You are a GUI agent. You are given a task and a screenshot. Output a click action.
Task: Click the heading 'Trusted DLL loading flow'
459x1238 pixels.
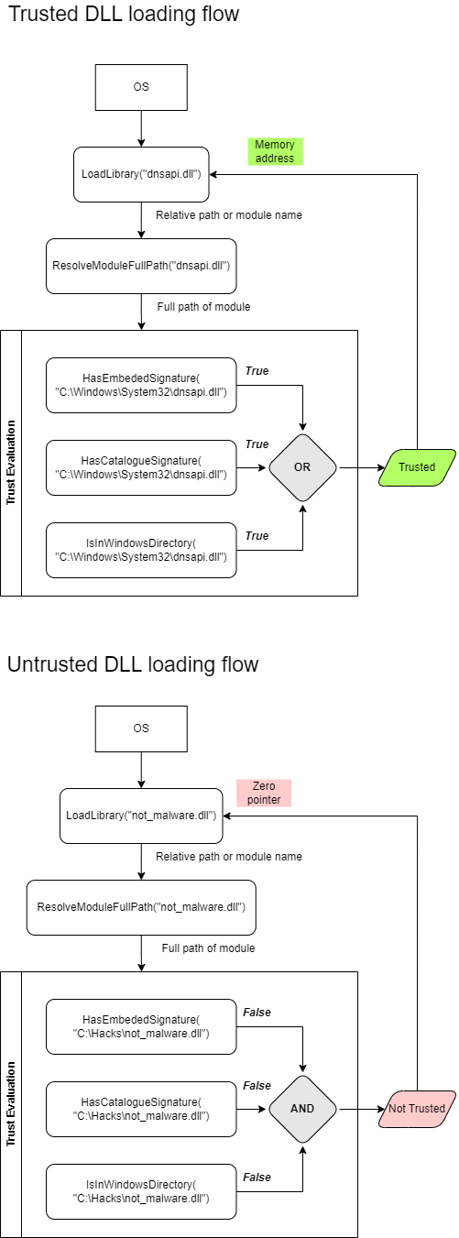pos(123,14)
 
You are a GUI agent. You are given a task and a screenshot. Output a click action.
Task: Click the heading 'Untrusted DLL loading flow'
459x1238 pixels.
pos(133,663)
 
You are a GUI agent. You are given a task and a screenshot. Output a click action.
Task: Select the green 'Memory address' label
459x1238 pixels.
pos(275,152)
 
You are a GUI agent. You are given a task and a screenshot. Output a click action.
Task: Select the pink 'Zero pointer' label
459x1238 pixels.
pos(263,793)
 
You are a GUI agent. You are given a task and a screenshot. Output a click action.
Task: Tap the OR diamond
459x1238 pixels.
pos(302,467)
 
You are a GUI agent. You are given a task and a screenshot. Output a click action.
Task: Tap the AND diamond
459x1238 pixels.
pos(302,1108)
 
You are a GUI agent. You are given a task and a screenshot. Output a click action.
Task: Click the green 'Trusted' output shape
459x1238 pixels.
pos(417,467)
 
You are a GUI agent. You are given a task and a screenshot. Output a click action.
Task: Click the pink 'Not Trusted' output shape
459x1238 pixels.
pos(417,1108)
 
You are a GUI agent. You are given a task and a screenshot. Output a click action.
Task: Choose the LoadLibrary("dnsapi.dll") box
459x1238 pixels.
pos(141,174)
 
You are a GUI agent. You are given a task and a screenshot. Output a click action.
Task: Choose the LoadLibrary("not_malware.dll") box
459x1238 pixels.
pos(141,816)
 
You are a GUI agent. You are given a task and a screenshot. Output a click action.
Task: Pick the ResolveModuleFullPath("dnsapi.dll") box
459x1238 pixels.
pos(141,266)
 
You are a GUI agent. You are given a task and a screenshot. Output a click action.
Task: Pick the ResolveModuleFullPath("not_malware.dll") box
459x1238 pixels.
pos(141,907)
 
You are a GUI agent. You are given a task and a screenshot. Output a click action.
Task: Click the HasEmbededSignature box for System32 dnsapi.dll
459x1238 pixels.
pos(141,385)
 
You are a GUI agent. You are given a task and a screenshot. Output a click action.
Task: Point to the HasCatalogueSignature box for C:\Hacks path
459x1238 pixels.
pos(141,1109)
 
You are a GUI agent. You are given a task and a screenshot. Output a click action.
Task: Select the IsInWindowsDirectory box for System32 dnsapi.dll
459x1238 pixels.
pos(141,550)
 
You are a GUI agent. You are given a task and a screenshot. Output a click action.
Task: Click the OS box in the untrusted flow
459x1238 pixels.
pos(141,729)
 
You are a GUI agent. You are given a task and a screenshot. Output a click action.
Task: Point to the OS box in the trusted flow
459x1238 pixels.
pos(141,87)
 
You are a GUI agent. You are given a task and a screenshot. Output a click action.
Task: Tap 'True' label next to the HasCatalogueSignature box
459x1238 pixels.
pos(257,444)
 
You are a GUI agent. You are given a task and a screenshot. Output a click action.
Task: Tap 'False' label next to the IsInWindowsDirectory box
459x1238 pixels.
pos(257,1177)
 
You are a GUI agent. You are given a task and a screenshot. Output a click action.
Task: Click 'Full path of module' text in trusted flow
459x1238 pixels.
pos(203,306)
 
